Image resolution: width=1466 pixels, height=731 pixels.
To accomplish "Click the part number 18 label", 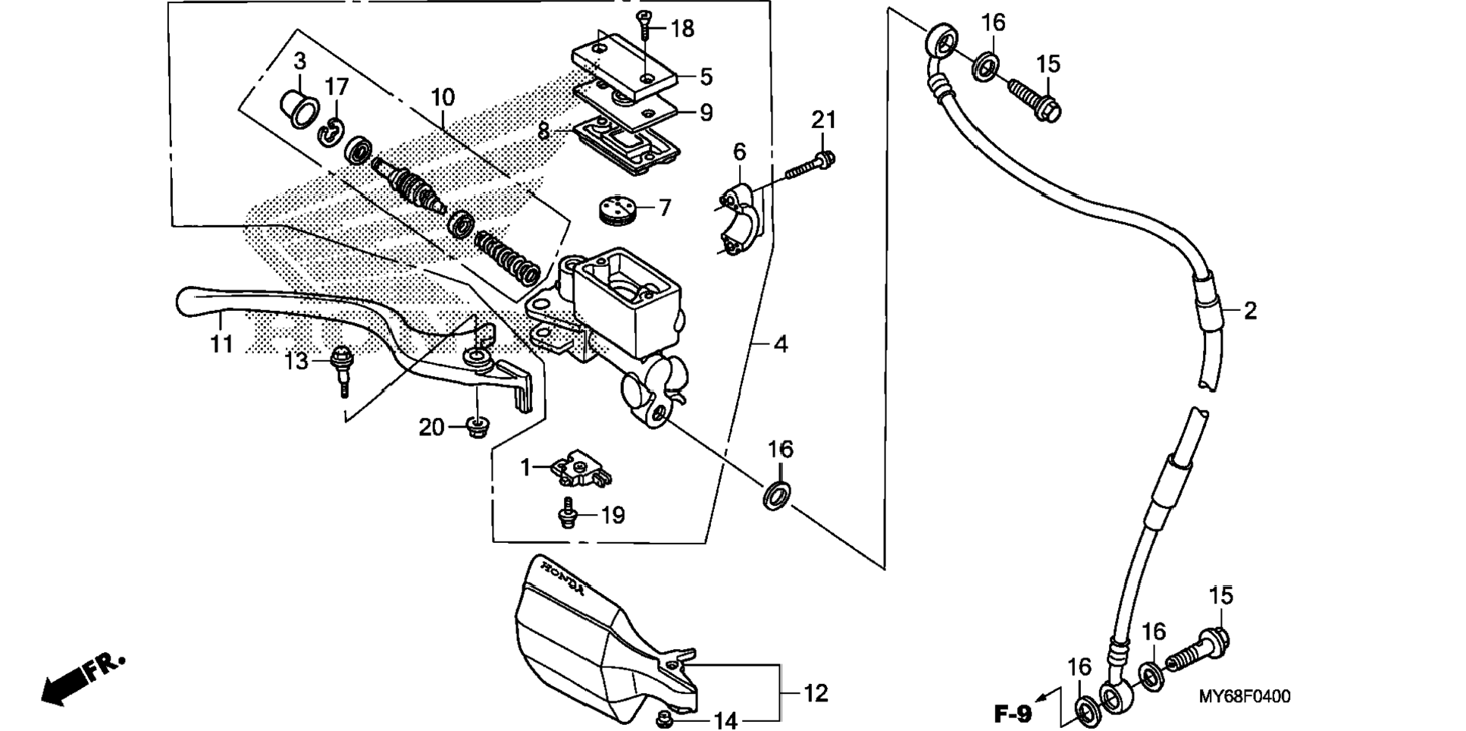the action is (682, 29).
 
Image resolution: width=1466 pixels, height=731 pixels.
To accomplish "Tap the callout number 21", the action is (823, 120).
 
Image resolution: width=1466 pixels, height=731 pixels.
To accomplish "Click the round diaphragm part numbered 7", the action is (618, 209).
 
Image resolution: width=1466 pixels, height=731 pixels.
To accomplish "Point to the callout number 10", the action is (443, 97).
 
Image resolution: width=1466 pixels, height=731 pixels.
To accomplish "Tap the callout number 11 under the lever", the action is (221, 344).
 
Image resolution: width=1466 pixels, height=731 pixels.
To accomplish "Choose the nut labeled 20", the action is (476, 428).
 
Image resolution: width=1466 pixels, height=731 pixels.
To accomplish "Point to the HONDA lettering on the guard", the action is (562, 577).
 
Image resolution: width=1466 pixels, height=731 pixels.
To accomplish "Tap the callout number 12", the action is (815, 693).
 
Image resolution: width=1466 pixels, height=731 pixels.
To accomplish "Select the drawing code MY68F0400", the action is (1244, 696).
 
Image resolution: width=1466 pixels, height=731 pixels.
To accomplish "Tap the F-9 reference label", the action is (1013, 714).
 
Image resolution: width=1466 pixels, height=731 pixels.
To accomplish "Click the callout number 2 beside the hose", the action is (1250, 310).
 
